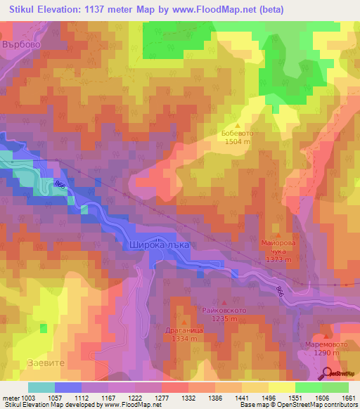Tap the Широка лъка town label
(160, 244)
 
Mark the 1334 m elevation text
(184, 338)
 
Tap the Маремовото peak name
(325, 344)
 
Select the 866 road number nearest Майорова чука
(280, 290)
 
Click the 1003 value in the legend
(28, 397)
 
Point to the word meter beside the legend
(10, 397)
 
